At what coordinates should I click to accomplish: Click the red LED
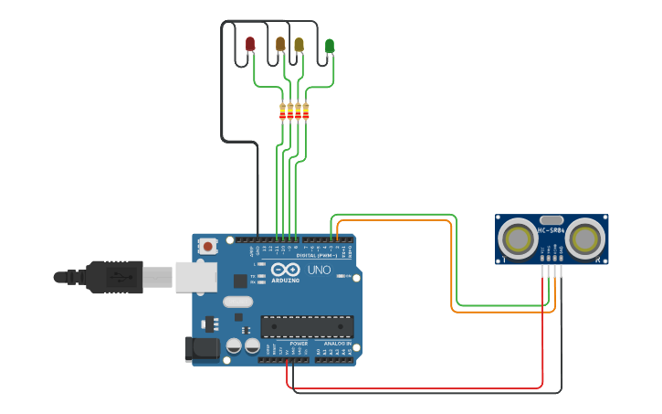[250, 43]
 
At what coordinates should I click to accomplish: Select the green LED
[330, 45]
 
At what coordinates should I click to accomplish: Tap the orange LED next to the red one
[280, 43]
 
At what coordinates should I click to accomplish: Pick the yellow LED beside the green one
[299, 43]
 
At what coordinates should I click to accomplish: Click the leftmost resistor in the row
[282, 111]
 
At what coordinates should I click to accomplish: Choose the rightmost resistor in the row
[306, 111]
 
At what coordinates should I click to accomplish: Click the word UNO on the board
[320, 271]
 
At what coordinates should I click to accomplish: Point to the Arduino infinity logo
[285, 270]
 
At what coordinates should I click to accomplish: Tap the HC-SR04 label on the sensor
[552, 230]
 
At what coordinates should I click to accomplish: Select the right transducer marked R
[584, 239]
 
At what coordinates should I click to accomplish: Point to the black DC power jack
[202, 348]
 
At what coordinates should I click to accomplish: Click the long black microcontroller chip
[307, 326]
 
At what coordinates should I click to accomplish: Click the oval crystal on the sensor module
[552, 219]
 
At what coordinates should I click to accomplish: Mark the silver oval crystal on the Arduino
[236, 303]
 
